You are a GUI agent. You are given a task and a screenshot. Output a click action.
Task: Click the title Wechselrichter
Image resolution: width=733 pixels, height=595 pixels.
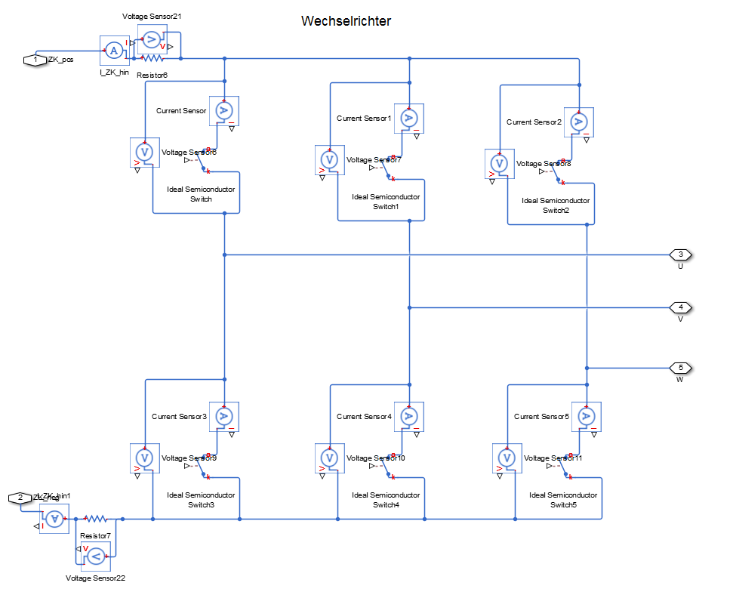coord(346,21)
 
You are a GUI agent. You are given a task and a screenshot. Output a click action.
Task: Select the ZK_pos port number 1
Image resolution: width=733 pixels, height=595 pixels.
coord(35,60)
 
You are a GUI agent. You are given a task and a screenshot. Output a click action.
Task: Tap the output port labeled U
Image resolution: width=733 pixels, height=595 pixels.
coord(680,254)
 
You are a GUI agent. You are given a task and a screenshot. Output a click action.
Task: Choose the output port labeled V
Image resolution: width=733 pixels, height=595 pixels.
coord(680,307)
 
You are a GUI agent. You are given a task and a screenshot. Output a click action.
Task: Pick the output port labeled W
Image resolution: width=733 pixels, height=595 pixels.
coord(680,368)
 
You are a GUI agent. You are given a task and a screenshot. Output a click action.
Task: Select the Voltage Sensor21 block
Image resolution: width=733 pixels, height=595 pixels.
coord(152,39)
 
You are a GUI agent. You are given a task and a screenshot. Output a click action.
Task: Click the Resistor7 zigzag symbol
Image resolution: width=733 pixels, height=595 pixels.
coord(96,519)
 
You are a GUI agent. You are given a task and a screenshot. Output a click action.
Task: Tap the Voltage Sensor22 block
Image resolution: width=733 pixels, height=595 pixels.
coord(96,556)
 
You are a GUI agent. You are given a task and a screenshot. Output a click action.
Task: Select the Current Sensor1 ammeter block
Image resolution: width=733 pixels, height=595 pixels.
coord(408,119)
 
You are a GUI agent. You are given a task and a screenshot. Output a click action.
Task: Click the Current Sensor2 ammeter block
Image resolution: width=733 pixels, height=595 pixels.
coord(579,122)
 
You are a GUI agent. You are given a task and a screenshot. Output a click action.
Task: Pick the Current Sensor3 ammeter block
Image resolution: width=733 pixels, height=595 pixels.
coord(223,417)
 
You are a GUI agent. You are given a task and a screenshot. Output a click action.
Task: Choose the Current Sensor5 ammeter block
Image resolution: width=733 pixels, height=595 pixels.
coord(586,417)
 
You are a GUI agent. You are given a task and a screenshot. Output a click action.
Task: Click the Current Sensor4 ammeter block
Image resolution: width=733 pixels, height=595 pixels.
coord(408,417)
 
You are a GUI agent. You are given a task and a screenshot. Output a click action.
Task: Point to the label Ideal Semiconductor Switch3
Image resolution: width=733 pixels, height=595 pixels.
coord(201,500)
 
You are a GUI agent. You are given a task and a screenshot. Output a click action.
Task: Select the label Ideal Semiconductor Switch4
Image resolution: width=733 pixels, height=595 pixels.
coord(386,500)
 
